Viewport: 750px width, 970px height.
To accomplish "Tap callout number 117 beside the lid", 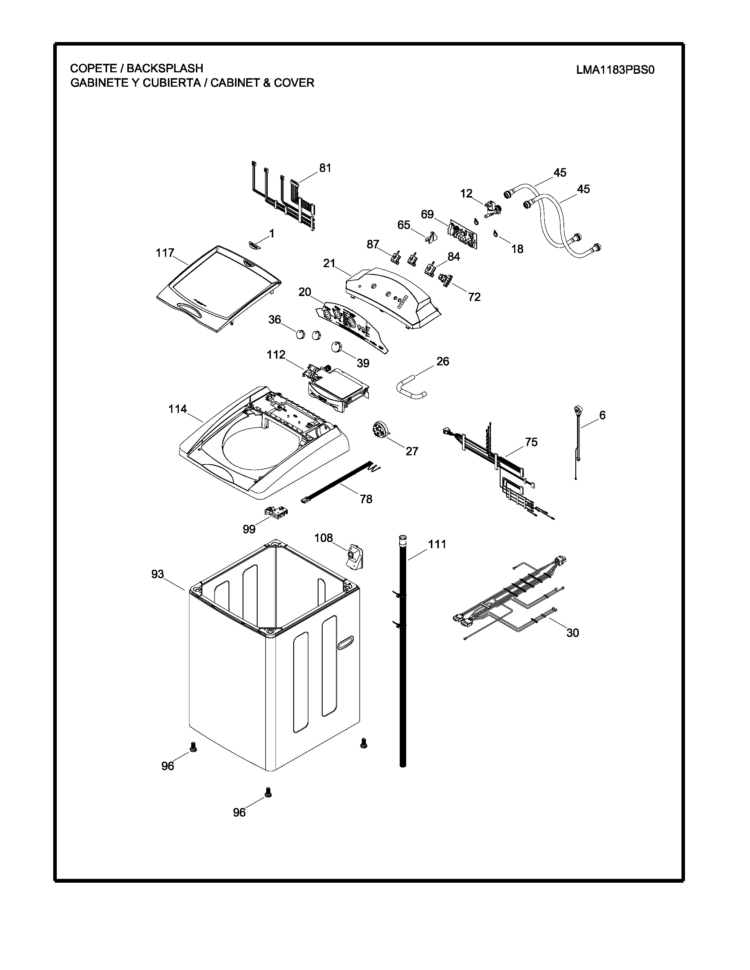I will [165, 253].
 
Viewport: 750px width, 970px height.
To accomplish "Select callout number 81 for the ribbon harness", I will [325, 168].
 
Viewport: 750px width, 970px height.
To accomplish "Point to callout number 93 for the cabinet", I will [158, 574].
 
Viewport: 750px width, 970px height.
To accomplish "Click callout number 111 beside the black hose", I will [437, 544].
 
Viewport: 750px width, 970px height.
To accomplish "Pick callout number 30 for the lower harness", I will [573, 633].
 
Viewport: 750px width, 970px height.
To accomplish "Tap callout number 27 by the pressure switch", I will [412, 451].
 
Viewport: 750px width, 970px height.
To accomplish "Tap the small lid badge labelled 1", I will [255, 245].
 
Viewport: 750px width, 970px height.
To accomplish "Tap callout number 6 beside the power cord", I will [602, 415].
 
